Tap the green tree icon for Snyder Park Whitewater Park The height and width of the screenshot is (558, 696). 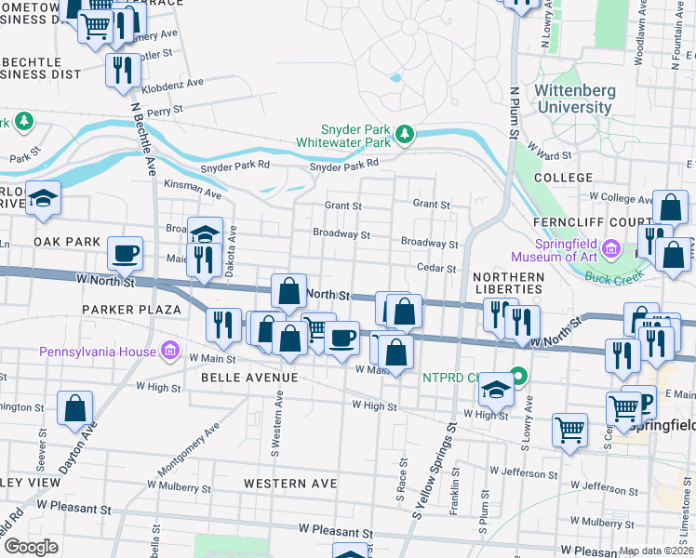pyautogui.click(x=405, y=136)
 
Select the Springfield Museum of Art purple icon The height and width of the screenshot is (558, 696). pyautogui.click(x=610, y=248)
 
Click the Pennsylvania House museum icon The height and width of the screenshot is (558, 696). pyautogui.click(x=170, y=351)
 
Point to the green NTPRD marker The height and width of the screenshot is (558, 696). pyautogui.click(x=519, y=378)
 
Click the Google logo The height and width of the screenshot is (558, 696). pyautogui.click(x=30, y=547)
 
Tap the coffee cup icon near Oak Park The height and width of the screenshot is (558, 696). pyautogui.click(x=125, y=252)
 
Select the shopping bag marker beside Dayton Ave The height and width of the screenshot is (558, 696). pyautogui.click(x=75, y=407)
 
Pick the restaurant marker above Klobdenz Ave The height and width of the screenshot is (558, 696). pyautogui.click(x=123, y=71)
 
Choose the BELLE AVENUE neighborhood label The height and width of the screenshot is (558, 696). pyautogui.click(x=249, y=378)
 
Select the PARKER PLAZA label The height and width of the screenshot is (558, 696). pyautogui.click(x=130, y=309)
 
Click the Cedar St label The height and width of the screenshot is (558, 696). pyautogui.click(x=435, y=268)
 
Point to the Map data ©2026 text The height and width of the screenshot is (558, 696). pyautogui.click(x=656, y=551)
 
